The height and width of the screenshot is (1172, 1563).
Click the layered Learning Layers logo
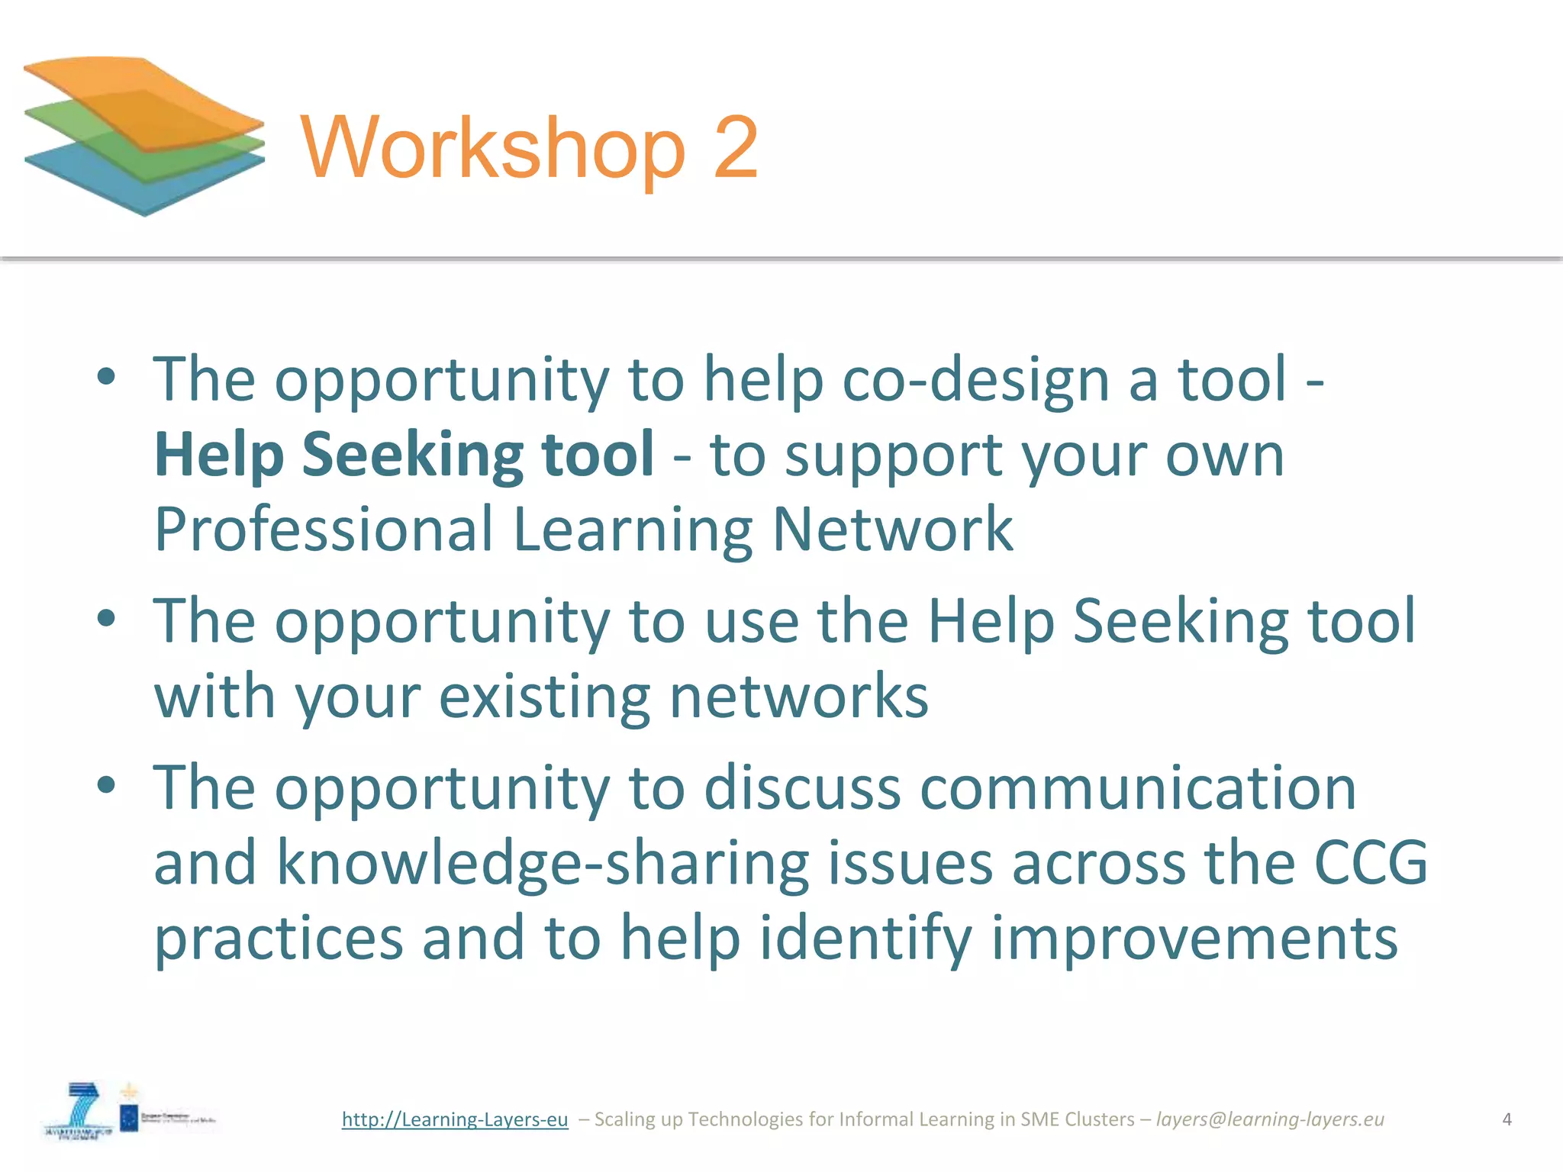(x=143, y=136)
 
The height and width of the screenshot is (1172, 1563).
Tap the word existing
(x=544, y=697)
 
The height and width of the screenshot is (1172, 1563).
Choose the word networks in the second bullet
(x=799, y=697)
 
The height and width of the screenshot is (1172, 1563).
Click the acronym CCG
(x=1371, y=862)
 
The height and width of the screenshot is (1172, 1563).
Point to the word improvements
(x=1194, y=939)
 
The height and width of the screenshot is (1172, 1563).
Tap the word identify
(x=865, y=939)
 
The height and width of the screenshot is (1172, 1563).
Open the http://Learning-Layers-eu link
(x=455, y=1119)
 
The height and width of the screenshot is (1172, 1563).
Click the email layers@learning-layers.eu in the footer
(x=1270, y=1119)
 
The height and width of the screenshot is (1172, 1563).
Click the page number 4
(x=1507, y=1119)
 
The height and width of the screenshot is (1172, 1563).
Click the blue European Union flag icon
(x=129, y=1119)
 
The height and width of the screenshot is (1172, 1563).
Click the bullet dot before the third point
(x=107, y=785)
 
